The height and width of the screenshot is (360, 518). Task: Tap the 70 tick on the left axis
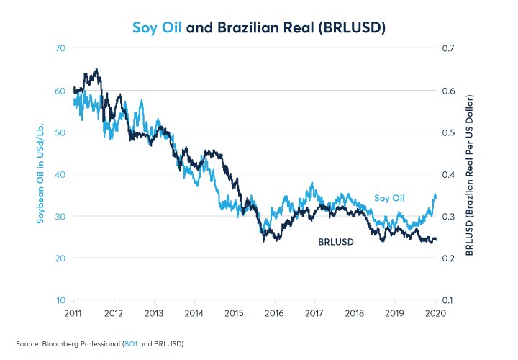(60, 48)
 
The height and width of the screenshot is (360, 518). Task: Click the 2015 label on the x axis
(234, 314)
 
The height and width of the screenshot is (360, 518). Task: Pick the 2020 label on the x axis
(435, 314)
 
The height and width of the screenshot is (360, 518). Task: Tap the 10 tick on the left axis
(60, 300)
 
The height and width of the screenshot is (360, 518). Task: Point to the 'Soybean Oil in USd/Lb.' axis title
(42, 174)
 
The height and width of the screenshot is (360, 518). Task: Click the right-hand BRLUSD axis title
(468, 174)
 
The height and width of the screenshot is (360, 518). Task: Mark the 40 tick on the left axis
(60, 174)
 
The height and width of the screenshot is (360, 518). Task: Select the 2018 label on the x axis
(354, 314)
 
